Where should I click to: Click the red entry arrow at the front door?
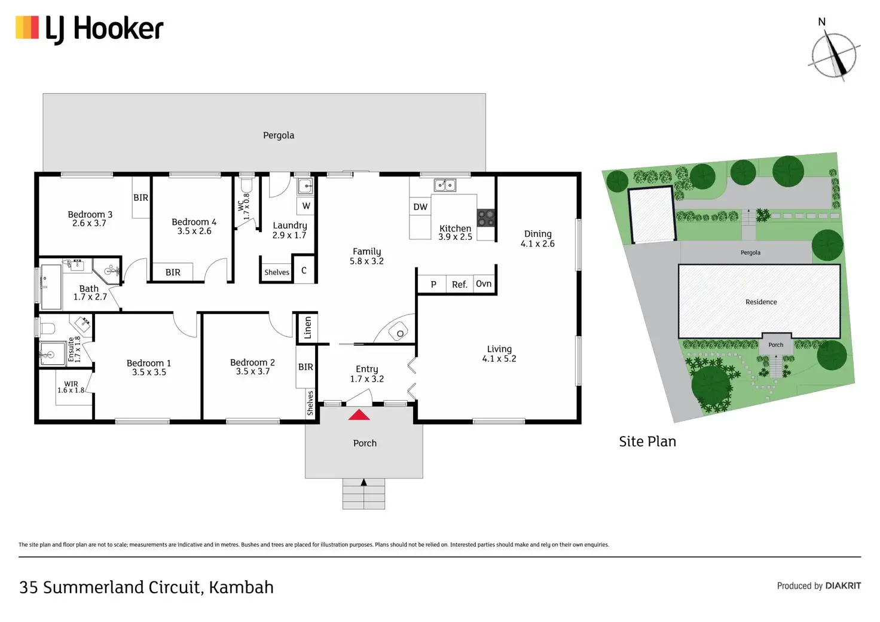[x=359, y=414]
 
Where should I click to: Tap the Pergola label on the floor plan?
[x=279, y=135]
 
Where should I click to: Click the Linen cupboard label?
[x=307, y=328]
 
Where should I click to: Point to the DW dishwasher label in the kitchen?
[x=420, y=207]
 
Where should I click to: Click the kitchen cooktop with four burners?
[x=485, y=218]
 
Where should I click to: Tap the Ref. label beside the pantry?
[x=459, y=285]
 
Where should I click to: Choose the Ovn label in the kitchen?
[x=484, y=283]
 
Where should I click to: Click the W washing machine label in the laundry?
[x=306, y=206]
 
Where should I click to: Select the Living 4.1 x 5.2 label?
[x=499, y=353]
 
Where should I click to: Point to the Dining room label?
[x=537, y=234]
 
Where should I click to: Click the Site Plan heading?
[x=647, y=441]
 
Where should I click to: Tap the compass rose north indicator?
[x=834, y=55]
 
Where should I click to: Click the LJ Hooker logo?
[x=90, y=29]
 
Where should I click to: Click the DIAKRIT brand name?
[x=843, y=586]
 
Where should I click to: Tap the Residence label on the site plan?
[x=761, y=302]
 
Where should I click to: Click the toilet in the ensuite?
[x=46, y=328]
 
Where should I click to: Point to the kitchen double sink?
[x=444, y=185]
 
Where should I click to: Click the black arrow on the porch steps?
[x=363, y=482]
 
